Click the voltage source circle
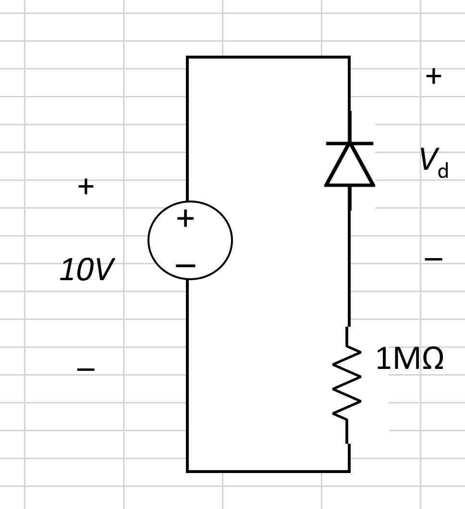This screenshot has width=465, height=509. tap(190, 240)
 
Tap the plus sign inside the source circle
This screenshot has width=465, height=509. tap(185, 219)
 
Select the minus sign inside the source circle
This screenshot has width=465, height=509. tap(185, 265)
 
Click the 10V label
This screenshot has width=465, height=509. tap(87, 270)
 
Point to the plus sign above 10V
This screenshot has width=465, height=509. tap(86, 186)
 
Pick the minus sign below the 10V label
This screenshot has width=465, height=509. tap(86, 369)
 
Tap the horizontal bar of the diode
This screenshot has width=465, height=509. tap(350, 143)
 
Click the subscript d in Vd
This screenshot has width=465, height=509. tap(443, 170)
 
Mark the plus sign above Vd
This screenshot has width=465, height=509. tap(433, 76)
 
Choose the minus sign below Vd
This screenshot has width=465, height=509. tap(433, 259)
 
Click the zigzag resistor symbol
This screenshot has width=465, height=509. tap(347, 384)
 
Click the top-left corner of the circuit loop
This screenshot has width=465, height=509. tap(187, 57)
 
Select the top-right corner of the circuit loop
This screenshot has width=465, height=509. tap(349, 57)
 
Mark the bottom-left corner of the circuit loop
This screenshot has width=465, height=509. tap(187, 472)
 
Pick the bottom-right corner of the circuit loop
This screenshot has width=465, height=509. tap(349, 472)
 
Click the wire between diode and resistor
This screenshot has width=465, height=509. tap(349, 269)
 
